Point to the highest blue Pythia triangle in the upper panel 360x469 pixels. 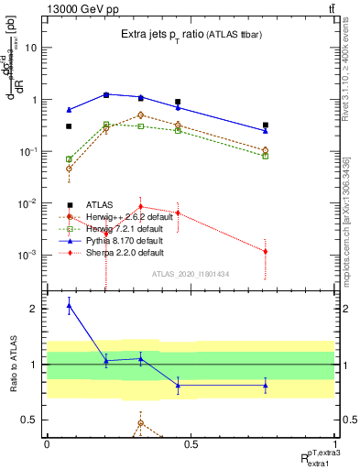pos(106,94)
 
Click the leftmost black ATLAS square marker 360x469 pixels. pos(69,126)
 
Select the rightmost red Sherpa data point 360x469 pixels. pos(265,251)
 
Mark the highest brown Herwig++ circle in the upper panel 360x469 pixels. pos(140,115)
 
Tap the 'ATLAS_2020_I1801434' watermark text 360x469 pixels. pos(191,274)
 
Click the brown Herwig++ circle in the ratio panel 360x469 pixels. pos(140,423)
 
